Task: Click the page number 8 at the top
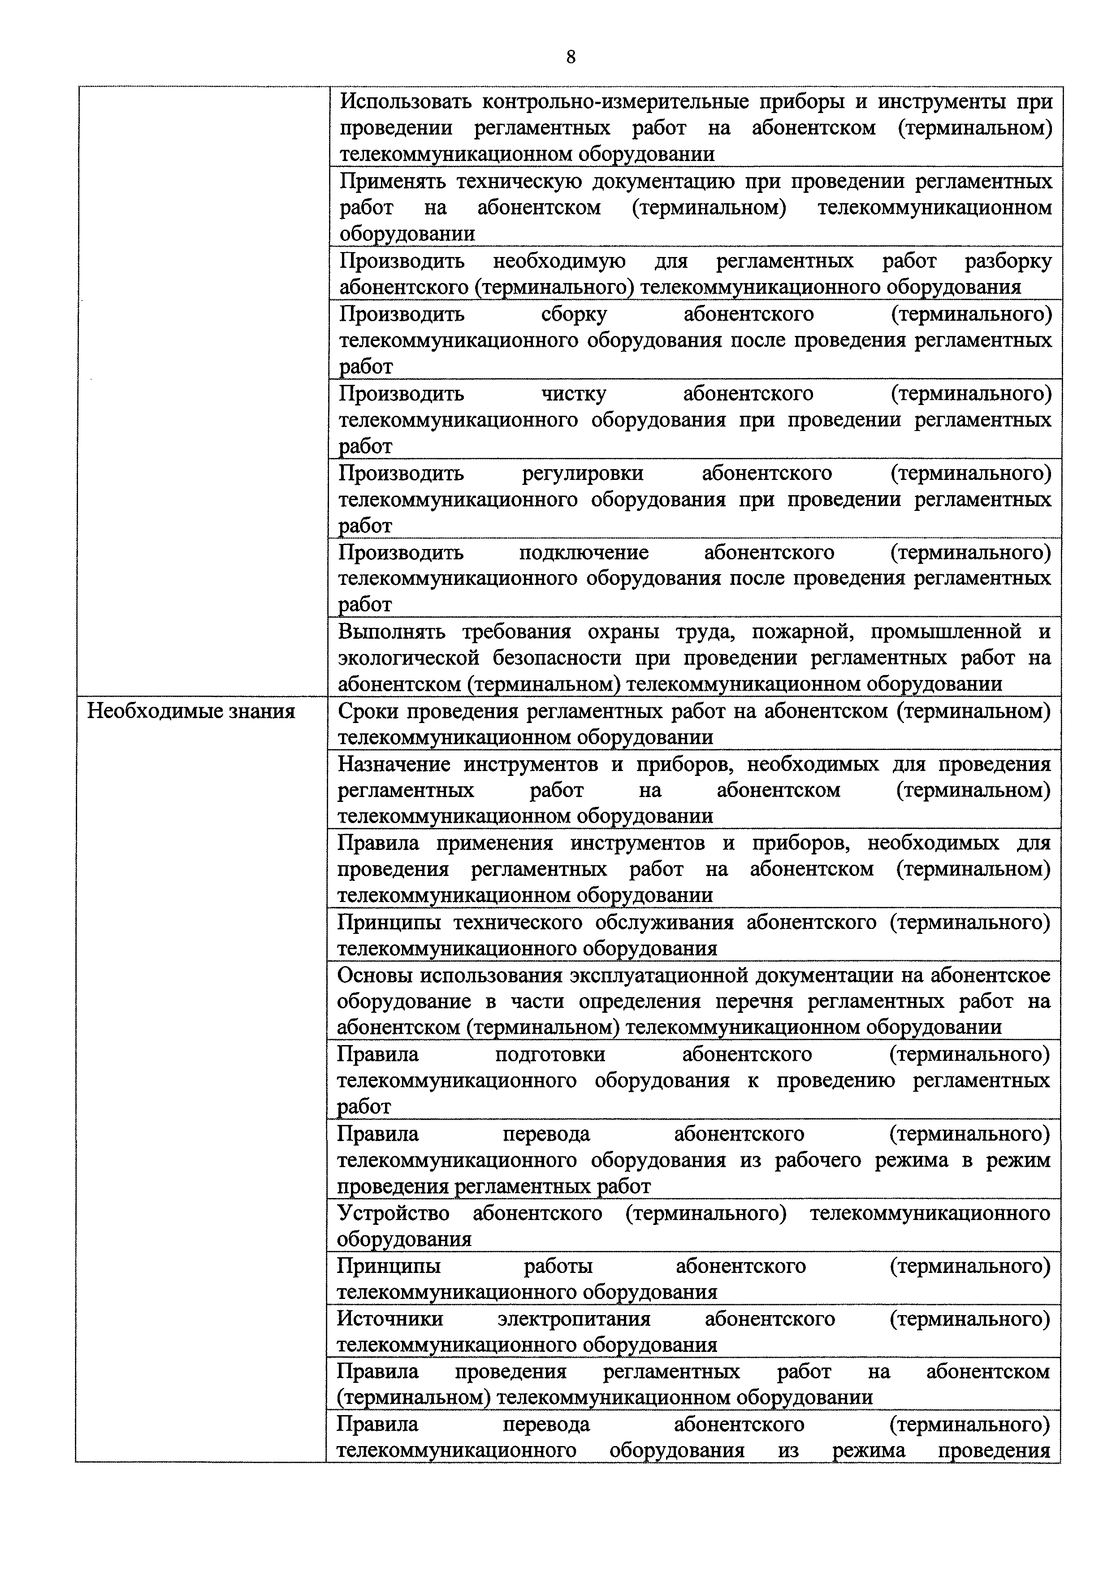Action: tap(571, 57)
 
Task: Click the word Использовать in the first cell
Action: tap(406, 102)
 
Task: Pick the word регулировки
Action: tap(583, 473)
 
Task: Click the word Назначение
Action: tap(394, 764)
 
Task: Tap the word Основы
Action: tap(373, 975)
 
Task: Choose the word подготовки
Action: tap(550, 1054)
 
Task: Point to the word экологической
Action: tap(409, 658)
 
